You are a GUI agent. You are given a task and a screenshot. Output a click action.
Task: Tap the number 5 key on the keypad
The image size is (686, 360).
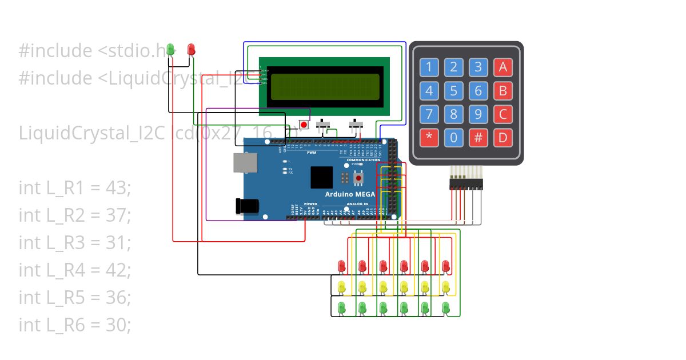453,91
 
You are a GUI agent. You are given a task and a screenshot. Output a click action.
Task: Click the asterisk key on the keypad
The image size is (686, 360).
429,138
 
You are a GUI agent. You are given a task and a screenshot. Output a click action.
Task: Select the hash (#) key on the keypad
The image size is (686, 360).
478,138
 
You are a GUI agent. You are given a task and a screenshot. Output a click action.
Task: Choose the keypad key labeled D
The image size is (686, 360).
502,138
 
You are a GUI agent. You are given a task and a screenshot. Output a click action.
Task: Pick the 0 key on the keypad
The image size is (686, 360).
453,138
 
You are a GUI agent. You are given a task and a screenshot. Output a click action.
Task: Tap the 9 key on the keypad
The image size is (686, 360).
478,114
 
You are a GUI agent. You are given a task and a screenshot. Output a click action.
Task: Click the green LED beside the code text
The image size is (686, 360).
171,50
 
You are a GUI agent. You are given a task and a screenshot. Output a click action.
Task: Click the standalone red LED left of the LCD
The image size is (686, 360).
192,50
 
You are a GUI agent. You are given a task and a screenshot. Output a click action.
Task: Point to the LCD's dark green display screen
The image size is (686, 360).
325,87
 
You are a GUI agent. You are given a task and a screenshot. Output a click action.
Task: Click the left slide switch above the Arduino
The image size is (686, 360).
325,123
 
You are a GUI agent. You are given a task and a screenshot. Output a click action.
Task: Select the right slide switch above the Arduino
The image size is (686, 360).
357,123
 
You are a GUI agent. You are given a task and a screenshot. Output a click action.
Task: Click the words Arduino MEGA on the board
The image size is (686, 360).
350,194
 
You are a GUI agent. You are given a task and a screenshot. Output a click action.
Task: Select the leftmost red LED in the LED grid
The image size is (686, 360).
342,266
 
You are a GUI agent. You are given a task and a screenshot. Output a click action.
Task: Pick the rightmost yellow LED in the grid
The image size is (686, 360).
446,286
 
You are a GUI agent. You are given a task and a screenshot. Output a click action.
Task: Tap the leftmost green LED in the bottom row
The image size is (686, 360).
342,307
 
